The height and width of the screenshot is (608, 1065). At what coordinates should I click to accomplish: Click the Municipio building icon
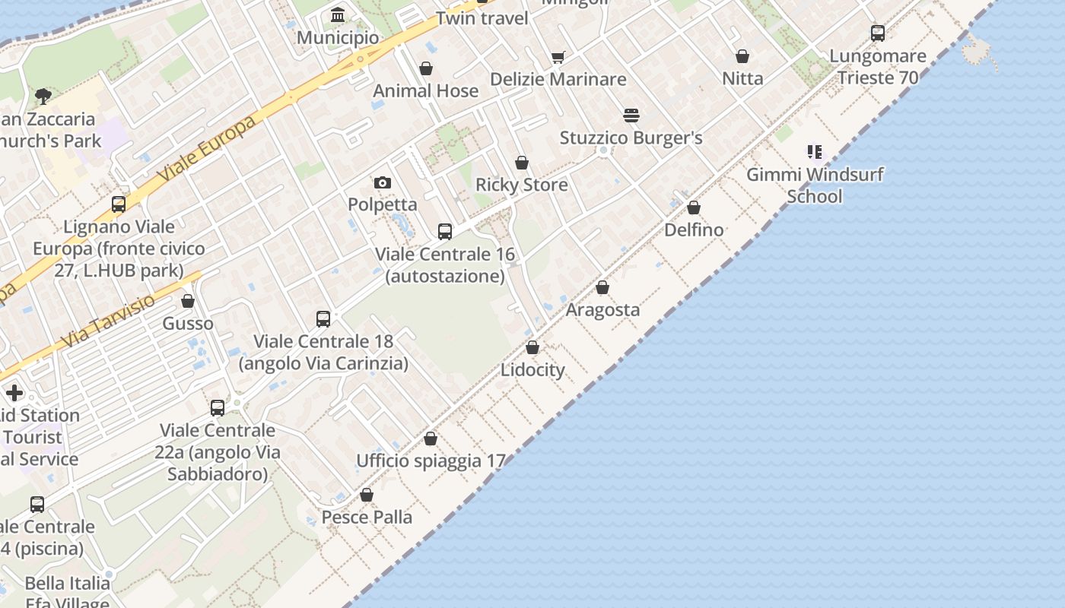pyautogui.click(x=338, y=15)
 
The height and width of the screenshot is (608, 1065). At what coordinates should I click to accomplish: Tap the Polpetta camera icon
pyautogui.click(x=383, y=182)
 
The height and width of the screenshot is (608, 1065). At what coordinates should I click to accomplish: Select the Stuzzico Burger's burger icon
pyautogui.click(x=631, y=116)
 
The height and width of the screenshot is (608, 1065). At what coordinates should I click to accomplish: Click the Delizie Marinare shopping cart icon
pyautogui.click(x=558, y=57)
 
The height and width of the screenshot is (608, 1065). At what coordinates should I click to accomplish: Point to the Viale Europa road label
pyautogui.click(x=207, y=150)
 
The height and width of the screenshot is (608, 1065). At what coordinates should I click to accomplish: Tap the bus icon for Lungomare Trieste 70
pyautogui.click(x=878, y=33)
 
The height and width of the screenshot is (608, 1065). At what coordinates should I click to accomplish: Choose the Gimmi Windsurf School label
pyautogui.click(x=815, y=185)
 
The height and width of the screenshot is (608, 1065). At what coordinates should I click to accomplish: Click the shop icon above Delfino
pyautogui.click(x=694, y=207)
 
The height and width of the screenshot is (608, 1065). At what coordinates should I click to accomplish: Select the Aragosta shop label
pyautogui.click(x=602, y=309)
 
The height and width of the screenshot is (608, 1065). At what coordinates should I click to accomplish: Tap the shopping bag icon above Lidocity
pyautogui.click(x=532, y=347)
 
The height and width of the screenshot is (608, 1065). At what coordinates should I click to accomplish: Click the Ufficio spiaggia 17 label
pyautogui.click(x=431, y=461)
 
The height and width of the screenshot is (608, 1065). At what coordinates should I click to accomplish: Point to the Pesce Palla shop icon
pyautogui.click(x=367, y=495)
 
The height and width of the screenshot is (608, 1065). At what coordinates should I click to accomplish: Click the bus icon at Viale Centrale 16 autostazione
pyautogui.click(x=445, y=232)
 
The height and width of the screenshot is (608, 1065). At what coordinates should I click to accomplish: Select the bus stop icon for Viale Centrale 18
pyautogui.click(x=323, y=319)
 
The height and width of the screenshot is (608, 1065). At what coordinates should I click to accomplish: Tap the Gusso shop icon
pyautogui.click(x=188, y=302)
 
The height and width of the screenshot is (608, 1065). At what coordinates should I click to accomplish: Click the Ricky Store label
pyautogui.click(x=522, y=185)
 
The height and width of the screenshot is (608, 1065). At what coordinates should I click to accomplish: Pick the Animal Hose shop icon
pyautogui.click(x=426, y=68)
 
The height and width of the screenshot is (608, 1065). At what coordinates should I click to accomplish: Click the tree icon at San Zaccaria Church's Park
pyautogui.click(x=43, y=97)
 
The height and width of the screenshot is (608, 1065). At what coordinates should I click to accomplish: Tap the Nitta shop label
pyautogui.click(x=742, y=78)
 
